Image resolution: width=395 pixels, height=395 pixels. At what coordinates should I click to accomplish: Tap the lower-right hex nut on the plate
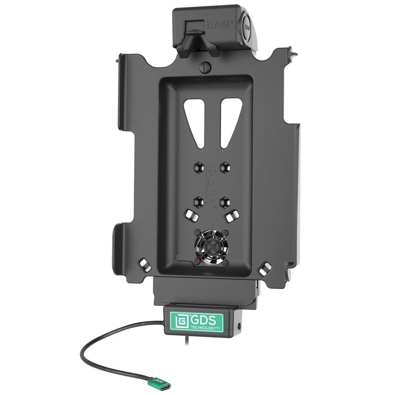[225, 199]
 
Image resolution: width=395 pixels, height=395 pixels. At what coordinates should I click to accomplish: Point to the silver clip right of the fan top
[231, 216]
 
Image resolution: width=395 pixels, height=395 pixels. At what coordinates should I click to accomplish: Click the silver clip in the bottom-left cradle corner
[146, 264]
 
